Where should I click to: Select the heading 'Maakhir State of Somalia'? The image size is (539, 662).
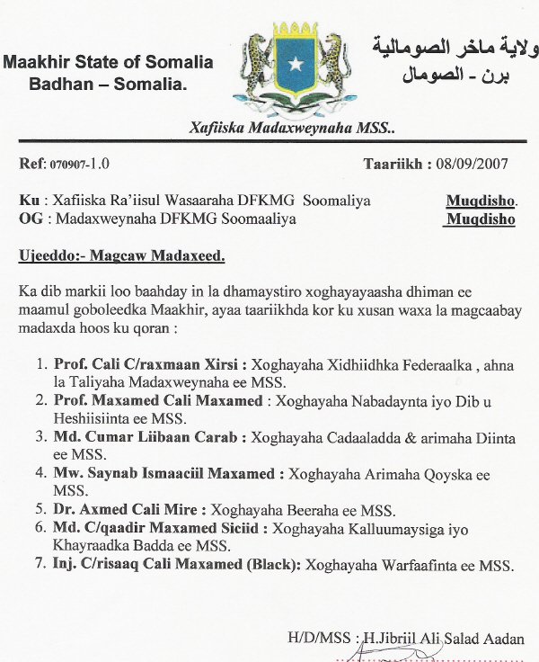tap(108, 63)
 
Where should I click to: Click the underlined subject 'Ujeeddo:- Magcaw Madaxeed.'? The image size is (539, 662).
tap(121, 256)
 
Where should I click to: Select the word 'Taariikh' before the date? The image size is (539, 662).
tap(392, 165)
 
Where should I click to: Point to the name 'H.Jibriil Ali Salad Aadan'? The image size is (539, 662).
tap(445, 638)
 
